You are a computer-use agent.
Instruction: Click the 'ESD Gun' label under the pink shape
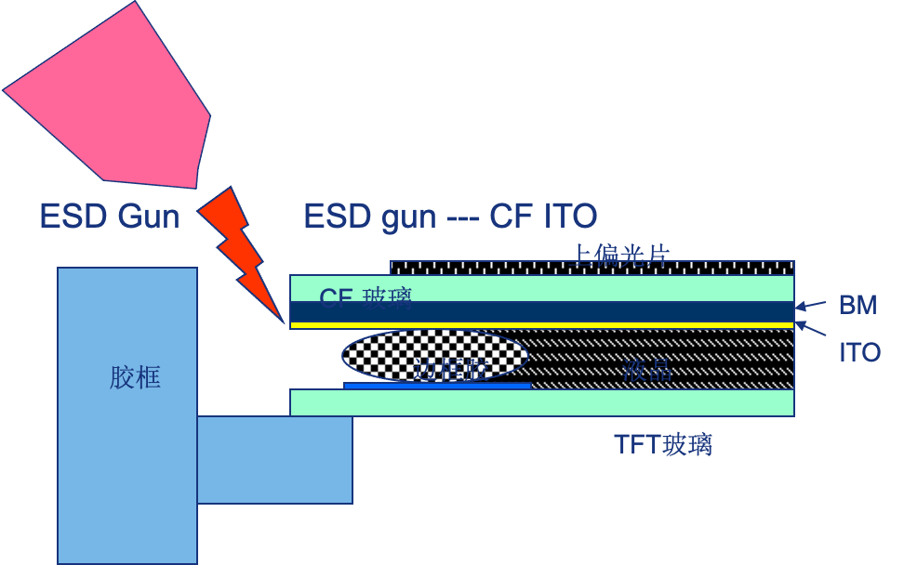point(109,217)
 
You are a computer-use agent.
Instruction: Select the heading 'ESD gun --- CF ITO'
point(450,217)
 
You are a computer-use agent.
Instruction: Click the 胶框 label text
point(135,377)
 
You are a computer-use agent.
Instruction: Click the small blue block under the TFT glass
point(275,459)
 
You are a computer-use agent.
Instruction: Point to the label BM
point(857,305)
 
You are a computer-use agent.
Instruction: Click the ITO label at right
point(859,352)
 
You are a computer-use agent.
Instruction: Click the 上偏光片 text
point(620,254)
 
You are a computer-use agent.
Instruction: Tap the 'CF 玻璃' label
point(365,297)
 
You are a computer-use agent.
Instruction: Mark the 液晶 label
point(648,371)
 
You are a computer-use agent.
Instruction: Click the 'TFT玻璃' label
point(663,444)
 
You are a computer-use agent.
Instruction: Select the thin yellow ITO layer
point(558,325)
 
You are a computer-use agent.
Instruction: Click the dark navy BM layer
point(558,310)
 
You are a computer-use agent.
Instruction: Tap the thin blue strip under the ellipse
point(437,385)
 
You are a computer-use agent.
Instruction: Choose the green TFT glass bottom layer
point(558,402)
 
